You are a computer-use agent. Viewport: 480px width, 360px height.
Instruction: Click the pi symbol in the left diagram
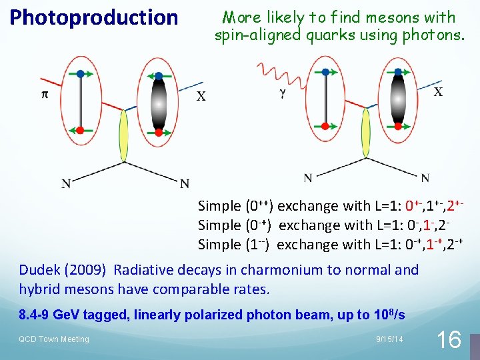45,95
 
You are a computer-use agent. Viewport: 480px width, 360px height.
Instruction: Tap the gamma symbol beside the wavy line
283,94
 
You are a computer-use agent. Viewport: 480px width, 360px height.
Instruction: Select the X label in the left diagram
201,97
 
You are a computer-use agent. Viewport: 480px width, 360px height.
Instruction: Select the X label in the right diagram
438,91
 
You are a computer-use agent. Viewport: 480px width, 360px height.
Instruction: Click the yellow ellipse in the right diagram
365,134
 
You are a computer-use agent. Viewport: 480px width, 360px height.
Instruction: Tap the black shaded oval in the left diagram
158,103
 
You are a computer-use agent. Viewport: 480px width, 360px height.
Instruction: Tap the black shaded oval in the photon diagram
399,101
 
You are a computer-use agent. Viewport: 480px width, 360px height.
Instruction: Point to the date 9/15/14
389,339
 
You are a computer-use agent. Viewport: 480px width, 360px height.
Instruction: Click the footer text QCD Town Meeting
53,339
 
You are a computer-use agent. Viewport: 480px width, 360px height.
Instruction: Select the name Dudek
39,270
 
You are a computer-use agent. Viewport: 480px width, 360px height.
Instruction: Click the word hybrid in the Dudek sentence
40,290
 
